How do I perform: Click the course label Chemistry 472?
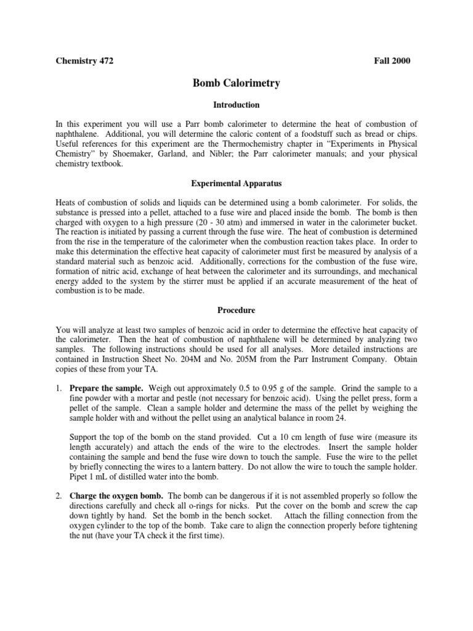pyautogui.click(x=85, y=61)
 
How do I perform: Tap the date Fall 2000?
pyautogui.click(x=392, y=61)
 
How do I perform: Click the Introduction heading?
pyautogui.click(x=236, y=105)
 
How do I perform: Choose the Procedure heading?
pyautogui.click(x=236, y=310)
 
